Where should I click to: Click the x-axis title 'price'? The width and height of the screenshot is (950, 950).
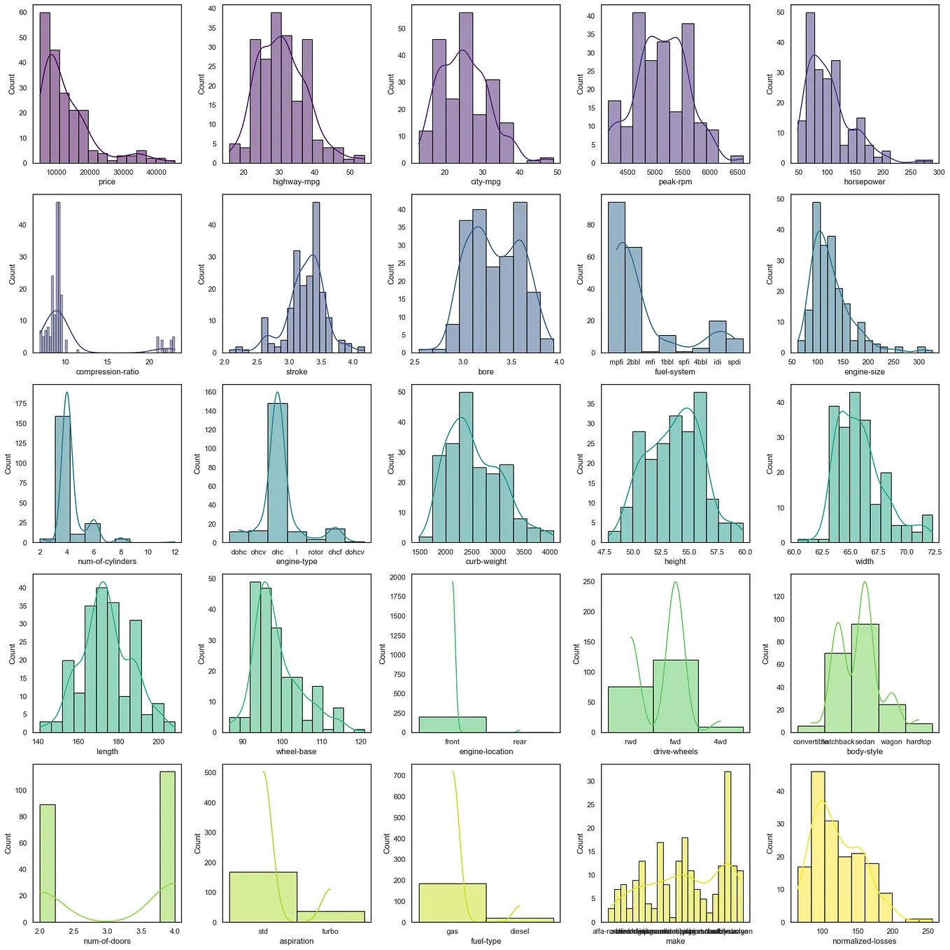(107, 182)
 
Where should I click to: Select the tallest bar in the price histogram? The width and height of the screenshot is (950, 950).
(45, 87)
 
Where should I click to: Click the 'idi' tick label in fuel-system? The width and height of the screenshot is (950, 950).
(717, 362)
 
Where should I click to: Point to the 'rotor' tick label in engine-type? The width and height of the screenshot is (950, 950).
(316, 552)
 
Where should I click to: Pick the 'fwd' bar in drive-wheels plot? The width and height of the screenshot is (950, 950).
(675, 696)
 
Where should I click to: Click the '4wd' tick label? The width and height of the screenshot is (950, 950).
(720, 742)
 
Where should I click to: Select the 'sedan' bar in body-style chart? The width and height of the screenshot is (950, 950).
(865, 678)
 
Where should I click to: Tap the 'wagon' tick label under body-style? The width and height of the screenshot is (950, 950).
(891, 742)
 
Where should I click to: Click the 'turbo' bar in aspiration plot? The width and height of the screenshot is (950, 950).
(330, 916)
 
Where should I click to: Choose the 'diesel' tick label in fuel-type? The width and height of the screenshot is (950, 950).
(520, 931)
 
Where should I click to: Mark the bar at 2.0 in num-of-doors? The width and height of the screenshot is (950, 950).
(47, 863)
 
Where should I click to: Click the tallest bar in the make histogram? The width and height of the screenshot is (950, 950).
(728, 846)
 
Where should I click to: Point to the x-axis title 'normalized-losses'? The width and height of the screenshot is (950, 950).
(864, 941)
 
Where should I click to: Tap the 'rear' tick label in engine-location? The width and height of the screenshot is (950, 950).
(520, 742)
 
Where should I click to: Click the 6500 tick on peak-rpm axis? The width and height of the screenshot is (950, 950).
(737, 172)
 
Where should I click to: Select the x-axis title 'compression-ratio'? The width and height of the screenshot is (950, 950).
(107, 371)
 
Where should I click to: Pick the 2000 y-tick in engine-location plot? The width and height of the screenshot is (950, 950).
(397, 578)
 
